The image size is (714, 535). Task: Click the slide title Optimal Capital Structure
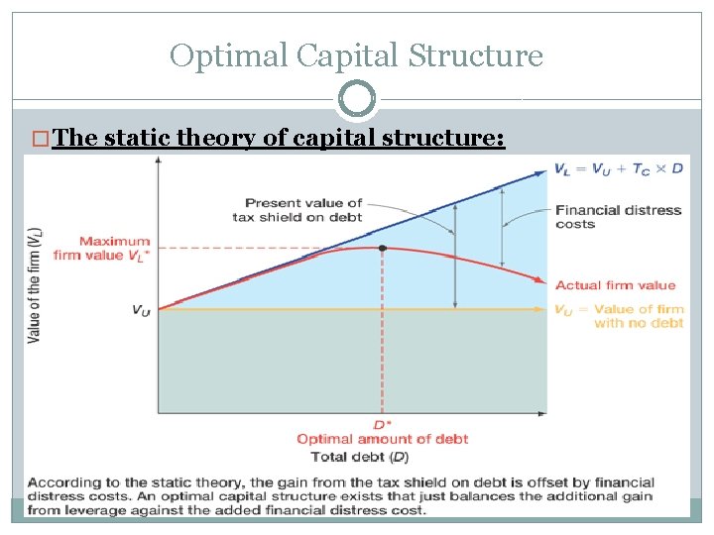pyautogui.click(x=356, y=54)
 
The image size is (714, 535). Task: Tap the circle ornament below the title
pyautogui.click(x=357, y=99)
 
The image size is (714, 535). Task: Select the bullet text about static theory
pyautogui.click(x=280, y=138)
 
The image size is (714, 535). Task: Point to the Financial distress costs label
pyautogui.click(x=618, y=217)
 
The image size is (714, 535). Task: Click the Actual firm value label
pyautogui.click(x=615, y=285)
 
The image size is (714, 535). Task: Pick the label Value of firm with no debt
pyautogui.click(x=618, y=316)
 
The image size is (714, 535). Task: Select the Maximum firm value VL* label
pyautogui.click(x=114, y=248)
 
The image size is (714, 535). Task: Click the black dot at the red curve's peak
pyautogui.click(x=383, y=247)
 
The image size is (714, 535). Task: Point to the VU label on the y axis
pyautogui.click(x=141, y=310)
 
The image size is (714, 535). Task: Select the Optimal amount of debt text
pyautogui.click(x=382, y=439)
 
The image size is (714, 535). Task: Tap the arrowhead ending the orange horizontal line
pyautogui.click(x=542, y=309)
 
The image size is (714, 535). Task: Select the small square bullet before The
pyautogui.click(x=41, y=139)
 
